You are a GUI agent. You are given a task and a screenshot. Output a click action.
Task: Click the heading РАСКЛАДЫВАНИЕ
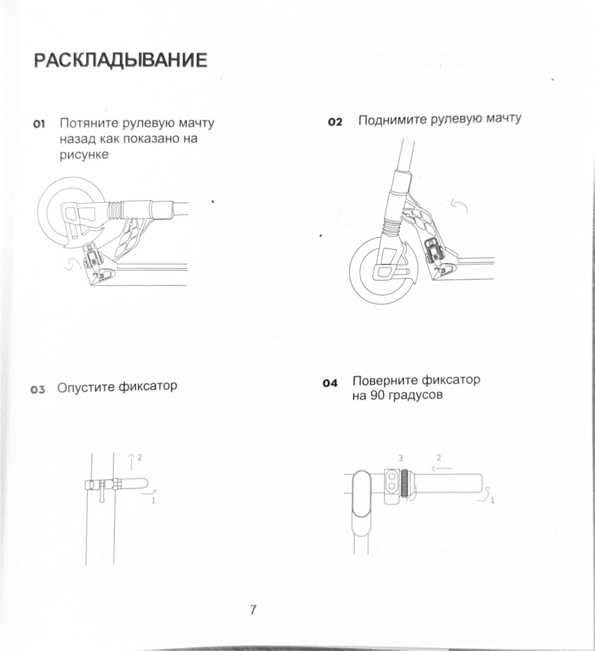pos(121,60)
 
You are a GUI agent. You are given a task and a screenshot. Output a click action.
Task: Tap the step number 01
pos(39,124)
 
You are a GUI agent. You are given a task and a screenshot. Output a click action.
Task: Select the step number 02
pos(335,122)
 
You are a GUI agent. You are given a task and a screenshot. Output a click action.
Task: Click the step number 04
pos(330,383)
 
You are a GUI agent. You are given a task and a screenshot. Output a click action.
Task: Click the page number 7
pos(253,610)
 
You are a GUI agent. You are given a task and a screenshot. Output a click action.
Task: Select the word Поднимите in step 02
pos(393,120)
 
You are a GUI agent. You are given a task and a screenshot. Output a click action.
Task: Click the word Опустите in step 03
pos(86,387)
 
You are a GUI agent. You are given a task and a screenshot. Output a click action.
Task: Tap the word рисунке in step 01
pos(84,155)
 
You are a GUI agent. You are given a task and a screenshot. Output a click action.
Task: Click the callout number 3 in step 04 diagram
pos(401,458)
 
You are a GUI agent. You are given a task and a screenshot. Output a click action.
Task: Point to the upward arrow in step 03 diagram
pos(131,461)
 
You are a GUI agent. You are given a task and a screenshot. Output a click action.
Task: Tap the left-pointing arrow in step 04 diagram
pos(442,468)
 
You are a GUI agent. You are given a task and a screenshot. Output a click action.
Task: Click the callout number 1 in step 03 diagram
pos(153,500)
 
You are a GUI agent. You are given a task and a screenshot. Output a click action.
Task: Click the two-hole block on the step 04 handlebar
pos(392,481)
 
